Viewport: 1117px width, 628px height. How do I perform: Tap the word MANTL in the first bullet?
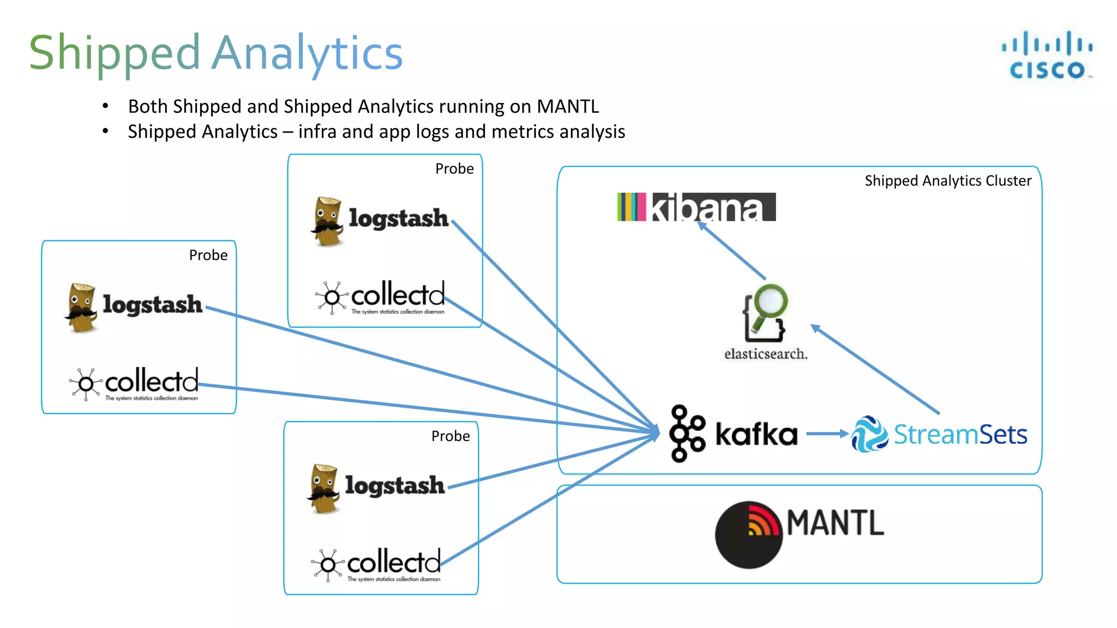(x=568, y=106)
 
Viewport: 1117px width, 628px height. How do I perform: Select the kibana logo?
(x=696, y=207)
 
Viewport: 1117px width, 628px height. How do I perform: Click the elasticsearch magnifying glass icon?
(x=765, y=312)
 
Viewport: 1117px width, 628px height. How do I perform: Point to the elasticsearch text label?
(x=766, y=354)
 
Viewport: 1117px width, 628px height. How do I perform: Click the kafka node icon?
(x=686, y=433)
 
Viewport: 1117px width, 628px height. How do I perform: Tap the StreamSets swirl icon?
(x=869, y=434)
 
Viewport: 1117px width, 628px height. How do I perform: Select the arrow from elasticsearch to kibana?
(x=732, y=251)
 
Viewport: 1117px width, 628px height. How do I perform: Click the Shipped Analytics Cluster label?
(x=948, y=181)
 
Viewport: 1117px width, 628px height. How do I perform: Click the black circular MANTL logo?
(x=749, y=535)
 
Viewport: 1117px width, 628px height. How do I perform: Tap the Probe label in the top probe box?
(x=454, y=169)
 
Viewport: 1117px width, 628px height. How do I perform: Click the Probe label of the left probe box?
(x=208, y=255)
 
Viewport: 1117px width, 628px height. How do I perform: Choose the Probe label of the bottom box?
(x=451, y=436)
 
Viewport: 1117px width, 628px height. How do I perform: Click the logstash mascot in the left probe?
(x=82, y=307)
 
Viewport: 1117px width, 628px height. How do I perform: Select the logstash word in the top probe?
(x=398, y=218)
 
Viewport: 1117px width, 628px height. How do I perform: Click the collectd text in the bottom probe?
(x=394, y=561)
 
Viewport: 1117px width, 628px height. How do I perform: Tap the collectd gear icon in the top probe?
(x=331, y=298)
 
